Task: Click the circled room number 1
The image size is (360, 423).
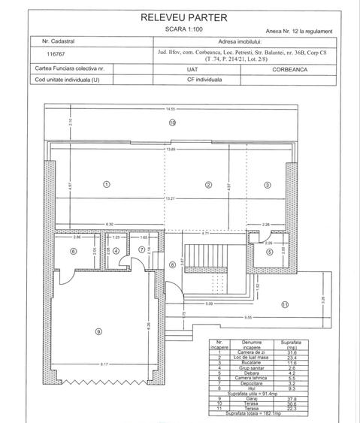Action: click(107, 184)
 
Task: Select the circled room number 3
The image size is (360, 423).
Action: click(267, 184)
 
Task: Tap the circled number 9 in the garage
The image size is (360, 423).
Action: click(97, 331)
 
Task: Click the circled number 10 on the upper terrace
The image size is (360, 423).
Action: click(172, 122)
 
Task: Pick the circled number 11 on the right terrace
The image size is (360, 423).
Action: click(285, 304)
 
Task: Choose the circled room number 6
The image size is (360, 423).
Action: click(73, 251)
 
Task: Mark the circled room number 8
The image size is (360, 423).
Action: click(171, 264)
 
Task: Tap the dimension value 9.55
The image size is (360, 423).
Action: click(247, 318)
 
